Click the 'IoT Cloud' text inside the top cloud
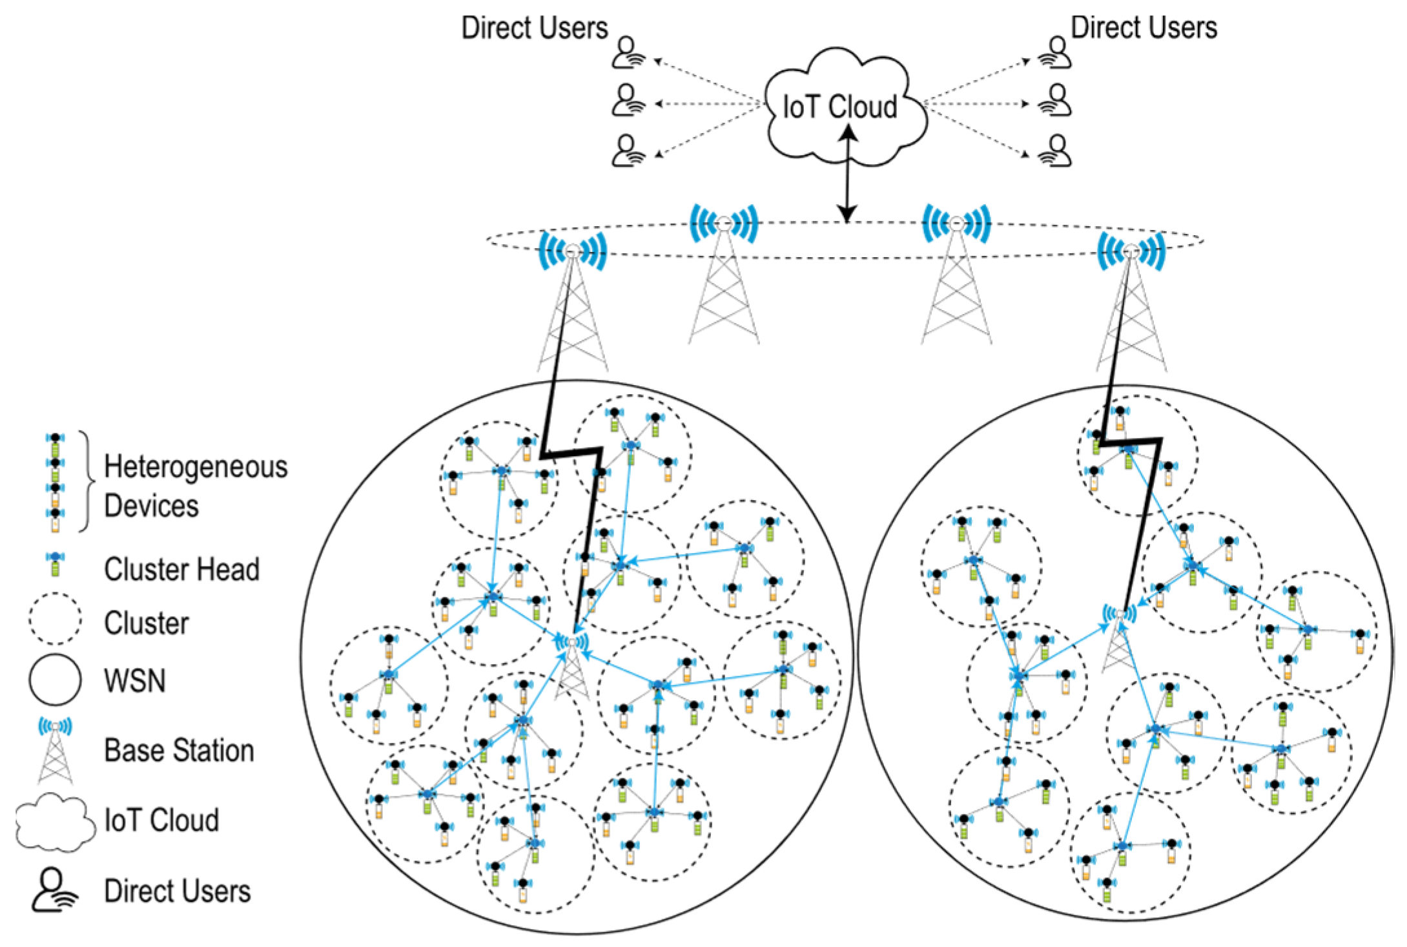[x=839, y=107]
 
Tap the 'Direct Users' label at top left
[x=535, y=28]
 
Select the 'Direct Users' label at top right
[x=1144, y=28]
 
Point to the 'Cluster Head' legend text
[x=182, y=569]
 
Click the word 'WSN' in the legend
[x=135, y=680]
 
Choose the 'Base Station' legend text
[x=180, y=751]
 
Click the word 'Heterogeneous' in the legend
[x=196, y=467]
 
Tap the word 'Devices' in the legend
[x=152, y=506]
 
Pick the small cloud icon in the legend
[x=55, y=821]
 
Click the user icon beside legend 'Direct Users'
[x=54, y=890]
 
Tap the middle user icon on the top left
[x=628, y=101]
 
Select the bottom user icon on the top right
[x=1056, y=151]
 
